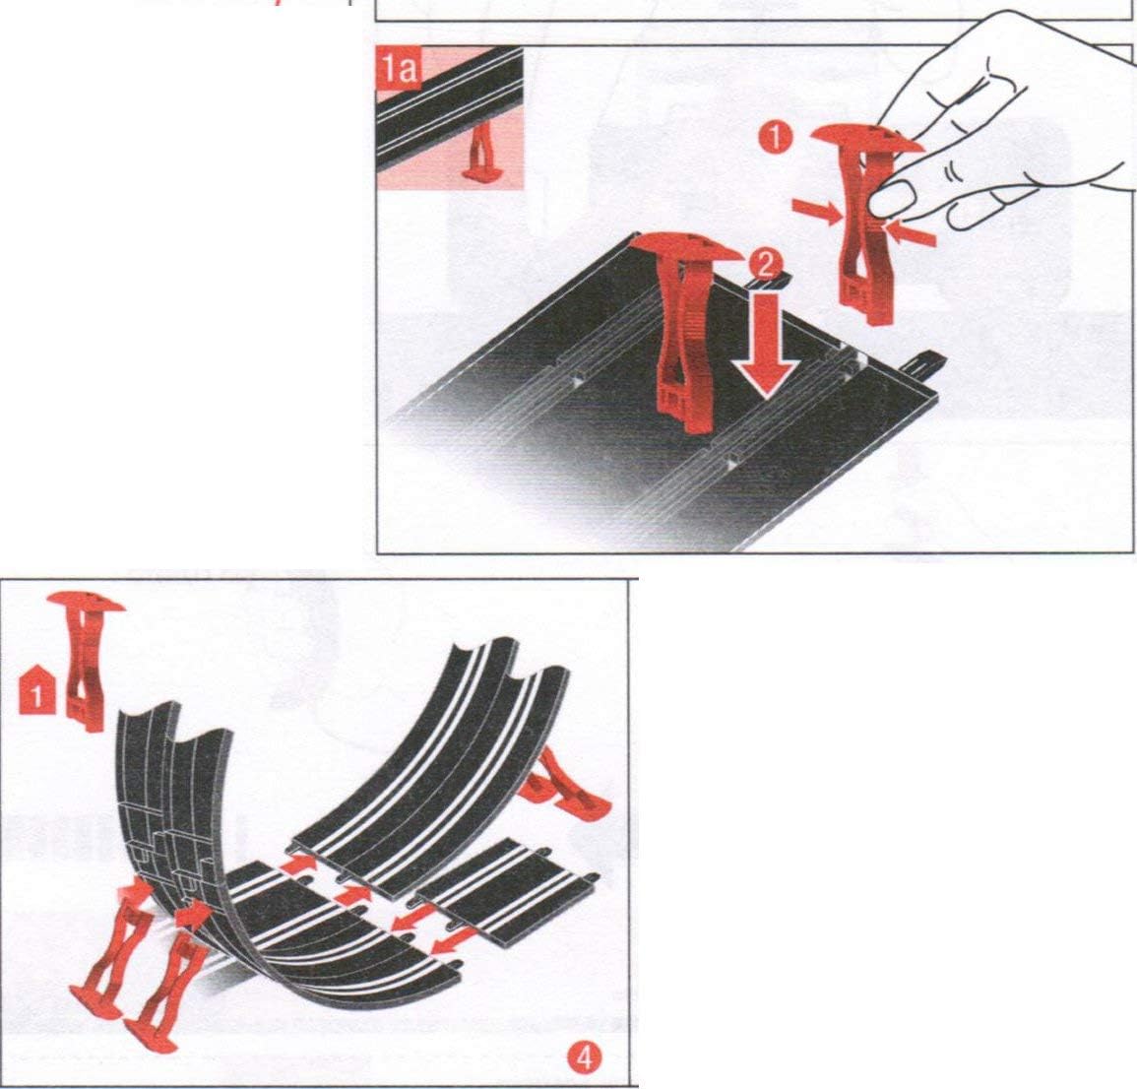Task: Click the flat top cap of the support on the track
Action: [685, 247]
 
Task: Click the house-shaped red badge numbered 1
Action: [36, 689]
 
